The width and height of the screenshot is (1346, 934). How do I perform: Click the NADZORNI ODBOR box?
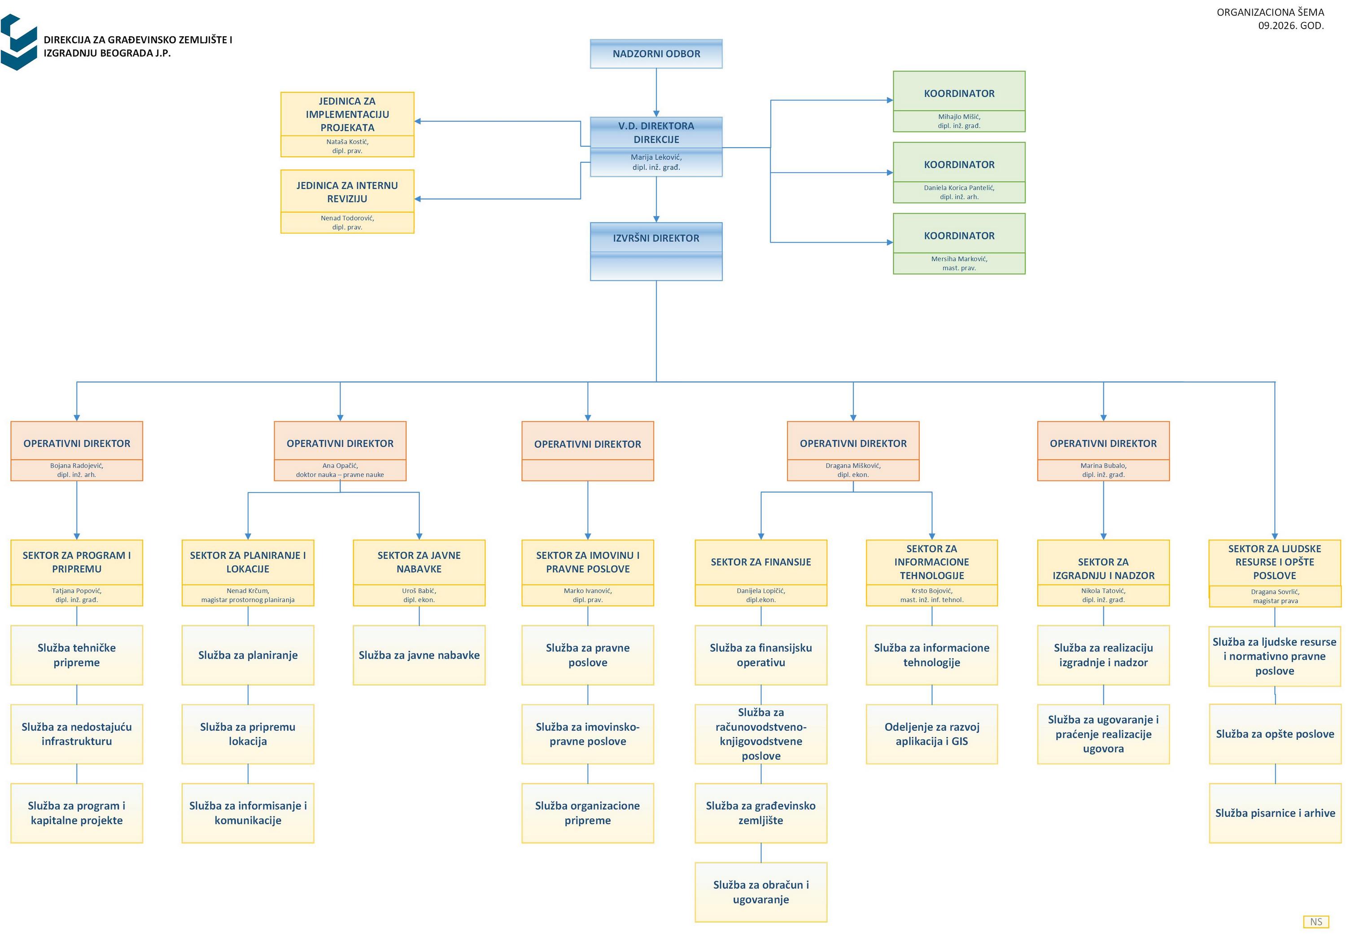[656, 54]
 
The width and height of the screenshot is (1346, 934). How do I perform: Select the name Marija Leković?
[656, 157]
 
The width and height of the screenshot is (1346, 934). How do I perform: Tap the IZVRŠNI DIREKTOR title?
[656, 238]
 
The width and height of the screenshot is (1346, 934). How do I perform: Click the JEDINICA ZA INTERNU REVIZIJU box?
[347, 201]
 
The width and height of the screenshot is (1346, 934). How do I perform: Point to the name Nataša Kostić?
[347, 142]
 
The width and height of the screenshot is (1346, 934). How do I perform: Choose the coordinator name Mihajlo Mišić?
[959, 117]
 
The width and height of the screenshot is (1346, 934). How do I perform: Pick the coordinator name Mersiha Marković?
[959, 259]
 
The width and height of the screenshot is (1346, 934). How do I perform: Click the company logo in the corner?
[19, 42]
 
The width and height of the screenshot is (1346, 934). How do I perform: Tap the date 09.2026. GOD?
[1291, 26]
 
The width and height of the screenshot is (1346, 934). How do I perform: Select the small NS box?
[1316, 922]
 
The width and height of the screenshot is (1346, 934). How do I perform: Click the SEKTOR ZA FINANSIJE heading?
[761, 562]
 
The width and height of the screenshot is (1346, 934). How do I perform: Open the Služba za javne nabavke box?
[419, 655]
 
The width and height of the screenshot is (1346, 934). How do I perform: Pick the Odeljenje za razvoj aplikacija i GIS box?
[932, 734]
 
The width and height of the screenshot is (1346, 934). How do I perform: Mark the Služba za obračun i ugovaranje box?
[761, 892]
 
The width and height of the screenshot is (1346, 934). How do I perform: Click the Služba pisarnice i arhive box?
[1275, 813]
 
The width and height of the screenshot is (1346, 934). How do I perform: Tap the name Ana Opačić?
[340, 466]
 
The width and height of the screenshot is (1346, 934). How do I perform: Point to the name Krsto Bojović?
[932, 590]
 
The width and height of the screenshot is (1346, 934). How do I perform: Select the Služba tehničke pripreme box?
[77, 655]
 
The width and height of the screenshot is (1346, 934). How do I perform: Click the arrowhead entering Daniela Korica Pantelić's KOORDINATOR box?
[890, 173]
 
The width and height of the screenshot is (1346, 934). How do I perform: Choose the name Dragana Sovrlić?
[1275, 592]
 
